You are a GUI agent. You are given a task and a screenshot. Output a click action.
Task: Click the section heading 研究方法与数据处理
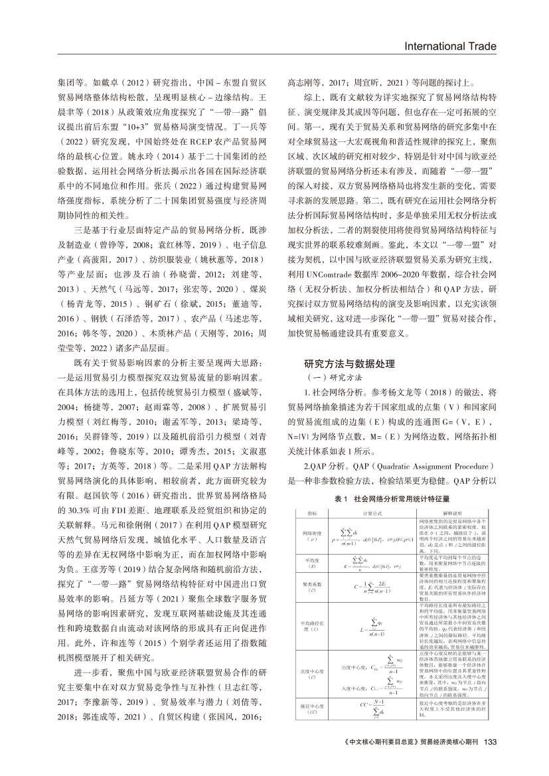(x=349, y=363)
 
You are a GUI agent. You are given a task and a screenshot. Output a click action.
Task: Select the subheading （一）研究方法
(x=332, y=378)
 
